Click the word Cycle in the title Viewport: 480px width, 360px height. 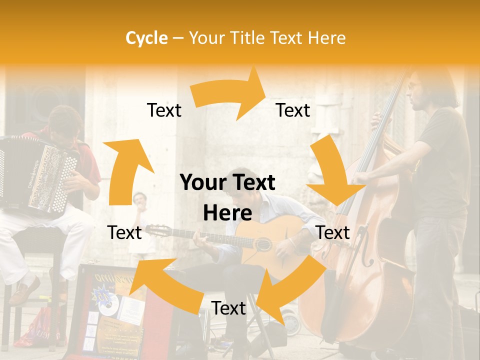(x=146, y=38)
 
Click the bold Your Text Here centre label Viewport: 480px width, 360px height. (x=227, y=197)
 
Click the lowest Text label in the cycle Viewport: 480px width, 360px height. (x=228, y=308)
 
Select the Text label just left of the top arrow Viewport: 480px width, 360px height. (x=164, y=110)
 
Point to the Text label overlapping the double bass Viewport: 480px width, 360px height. (x=333, y=232)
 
